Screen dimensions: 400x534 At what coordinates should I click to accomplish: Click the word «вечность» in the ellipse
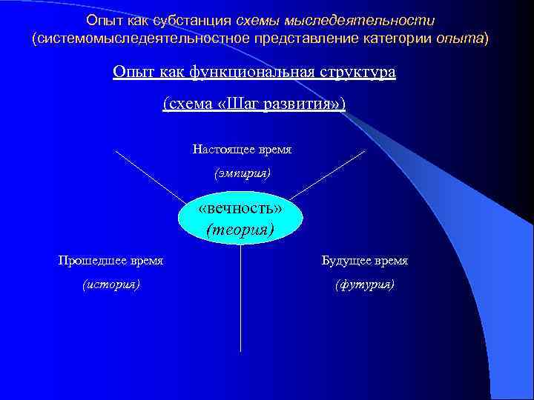click(x=240, y=210)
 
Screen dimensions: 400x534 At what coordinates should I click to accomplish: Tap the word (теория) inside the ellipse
click(x=240, y=229)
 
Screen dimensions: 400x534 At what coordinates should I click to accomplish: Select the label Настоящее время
click(x=242, y=150)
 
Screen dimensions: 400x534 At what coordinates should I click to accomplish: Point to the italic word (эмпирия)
click(x=242, y=173)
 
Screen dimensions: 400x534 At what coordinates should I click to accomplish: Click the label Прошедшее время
click(x=111, y=261)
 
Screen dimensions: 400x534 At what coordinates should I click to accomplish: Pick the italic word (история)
click(x=111, y=284)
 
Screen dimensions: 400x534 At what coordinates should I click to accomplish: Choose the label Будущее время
click(x=364, y=261)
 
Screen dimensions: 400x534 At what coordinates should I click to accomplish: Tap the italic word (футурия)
click(x=364, y=284)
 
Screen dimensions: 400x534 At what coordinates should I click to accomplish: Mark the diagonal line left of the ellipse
click(x=148, y=176)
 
